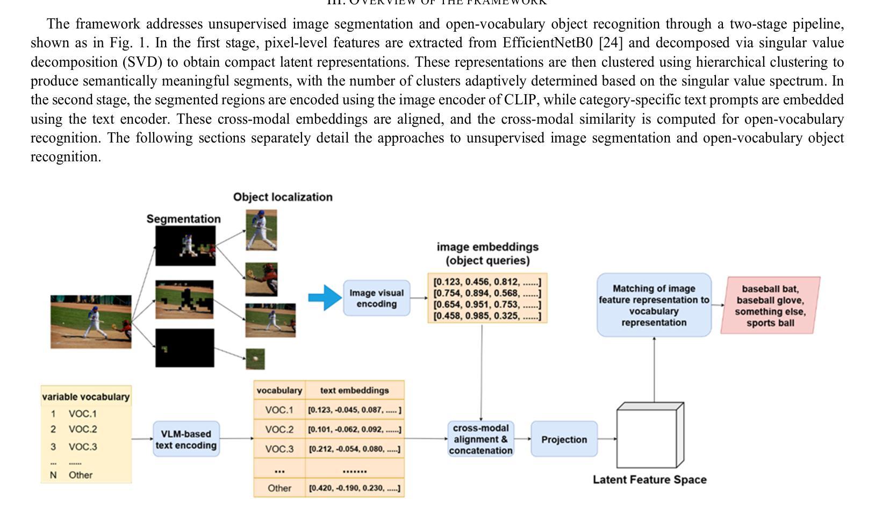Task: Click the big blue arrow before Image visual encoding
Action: tap(325, 297)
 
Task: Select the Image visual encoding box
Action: tap(376, 298)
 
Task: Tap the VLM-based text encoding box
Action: tap(186, 439)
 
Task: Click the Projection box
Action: tap(564, 439)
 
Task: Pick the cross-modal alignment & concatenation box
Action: tap(480, 439)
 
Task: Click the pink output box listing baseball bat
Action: tap(770, 305)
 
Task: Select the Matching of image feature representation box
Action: tap(654, 305)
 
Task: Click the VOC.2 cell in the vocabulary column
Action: tap(279, 429)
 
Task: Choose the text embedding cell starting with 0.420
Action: tap(354, 488)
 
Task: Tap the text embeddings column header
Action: tap(354, 390)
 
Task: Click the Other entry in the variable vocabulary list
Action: tap(80, 475)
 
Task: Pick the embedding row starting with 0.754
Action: tap(487, 293)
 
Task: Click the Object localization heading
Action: tap(283, 197)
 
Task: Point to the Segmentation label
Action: tap(183, 219)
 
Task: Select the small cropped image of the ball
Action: tap(255, 359)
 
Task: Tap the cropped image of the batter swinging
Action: tap(261, 230)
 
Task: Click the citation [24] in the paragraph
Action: tap(611, 43)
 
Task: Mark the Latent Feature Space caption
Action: tap(649, 480)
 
